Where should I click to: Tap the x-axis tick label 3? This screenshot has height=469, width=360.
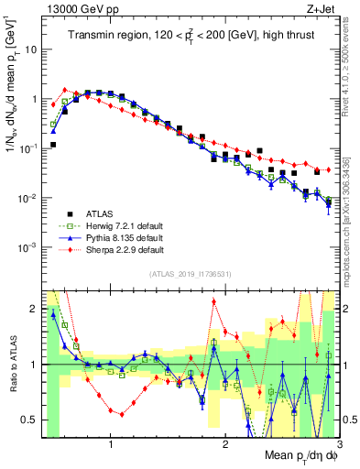click(x=338, y=445)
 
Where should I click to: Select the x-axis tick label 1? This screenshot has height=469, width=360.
click(x=111, y=445)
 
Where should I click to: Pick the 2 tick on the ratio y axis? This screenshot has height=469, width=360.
click(x=29, y=309)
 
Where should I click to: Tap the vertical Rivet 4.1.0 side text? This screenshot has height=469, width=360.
click(x=345, y=64)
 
